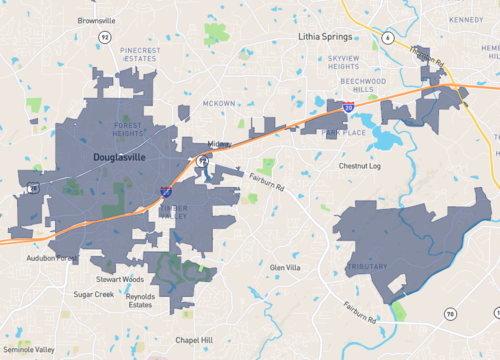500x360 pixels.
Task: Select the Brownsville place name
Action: [96, 19]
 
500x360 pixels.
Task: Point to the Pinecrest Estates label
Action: [139, 53]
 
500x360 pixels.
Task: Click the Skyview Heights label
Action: [351, 63]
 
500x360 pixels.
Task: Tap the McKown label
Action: [218, 103]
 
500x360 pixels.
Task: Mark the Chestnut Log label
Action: [360, 166]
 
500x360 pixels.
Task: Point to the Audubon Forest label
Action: [52, 258]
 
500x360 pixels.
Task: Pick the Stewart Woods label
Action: [120, 280]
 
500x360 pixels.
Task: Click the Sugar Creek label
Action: [93, 295]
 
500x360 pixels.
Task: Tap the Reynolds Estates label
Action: [140, 300]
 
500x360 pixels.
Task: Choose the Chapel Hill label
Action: [194, 340]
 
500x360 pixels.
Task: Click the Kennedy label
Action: [466, 19]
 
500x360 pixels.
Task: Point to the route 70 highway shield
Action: [450, 314]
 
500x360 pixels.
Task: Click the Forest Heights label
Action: [129, 128]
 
